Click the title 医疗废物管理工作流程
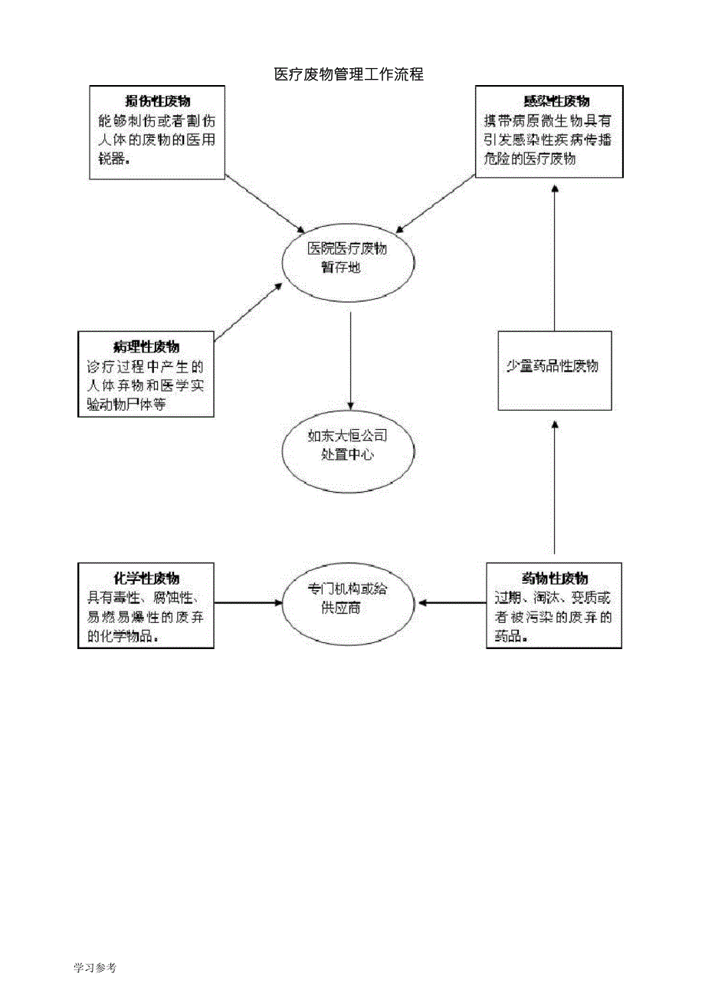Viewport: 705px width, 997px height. [x=349, y=74]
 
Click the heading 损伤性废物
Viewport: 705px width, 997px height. [x=158, y=101]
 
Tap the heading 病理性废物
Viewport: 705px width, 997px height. [x=146, y=346]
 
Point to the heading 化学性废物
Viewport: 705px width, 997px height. [x=146, y=577]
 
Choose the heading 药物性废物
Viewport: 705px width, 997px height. [x=554, y=577]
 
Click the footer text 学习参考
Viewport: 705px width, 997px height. [x=94, y=968]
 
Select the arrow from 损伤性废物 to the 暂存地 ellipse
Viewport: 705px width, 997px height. [x=265, y=204]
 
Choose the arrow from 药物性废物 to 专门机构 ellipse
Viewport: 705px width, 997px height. [x=452, y=602]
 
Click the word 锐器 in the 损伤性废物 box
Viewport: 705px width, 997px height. [x=110, y=159]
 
